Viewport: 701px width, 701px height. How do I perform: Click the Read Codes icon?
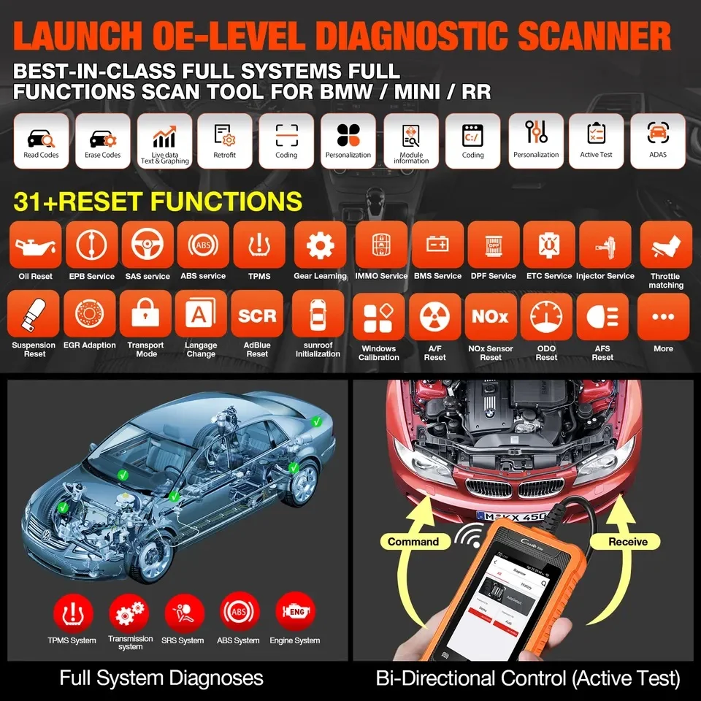(41, 139)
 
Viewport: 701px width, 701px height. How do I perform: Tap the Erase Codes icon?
(102, 139)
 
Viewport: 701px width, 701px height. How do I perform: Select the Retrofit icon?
(224, 139)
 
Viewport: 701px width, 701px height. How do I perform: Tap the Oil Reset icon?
(35, 246)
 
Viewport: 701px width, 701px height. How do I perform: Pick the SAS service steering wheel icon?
(148, 246)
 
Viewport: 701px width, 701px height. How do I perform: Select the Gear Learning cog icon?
(320, 246)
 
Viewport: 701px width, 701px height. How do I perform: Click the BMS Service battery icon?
(437, 246)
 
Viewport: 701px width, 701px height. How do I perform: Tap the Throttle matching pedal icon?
(665, 246)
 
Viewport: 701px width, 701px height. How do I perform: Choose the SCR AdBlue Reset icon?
(257, 315)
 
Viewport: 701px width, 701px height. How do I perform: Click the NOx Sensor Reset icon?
(490, 318)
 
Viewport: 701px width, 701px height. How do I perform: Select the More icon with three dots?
(663, 318)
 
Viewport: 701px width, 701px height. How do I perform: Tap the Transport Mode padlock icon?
(145, 315)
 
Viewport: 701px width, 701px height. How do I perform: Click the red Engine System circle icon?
(296, 612)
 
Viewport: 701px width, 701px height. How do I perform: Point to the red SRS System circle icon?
(182, 612)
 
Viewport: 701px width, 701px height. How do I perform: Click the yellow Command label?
(413, 541)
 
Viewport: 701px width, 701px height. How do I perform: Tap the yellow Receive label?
(627, 541)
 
